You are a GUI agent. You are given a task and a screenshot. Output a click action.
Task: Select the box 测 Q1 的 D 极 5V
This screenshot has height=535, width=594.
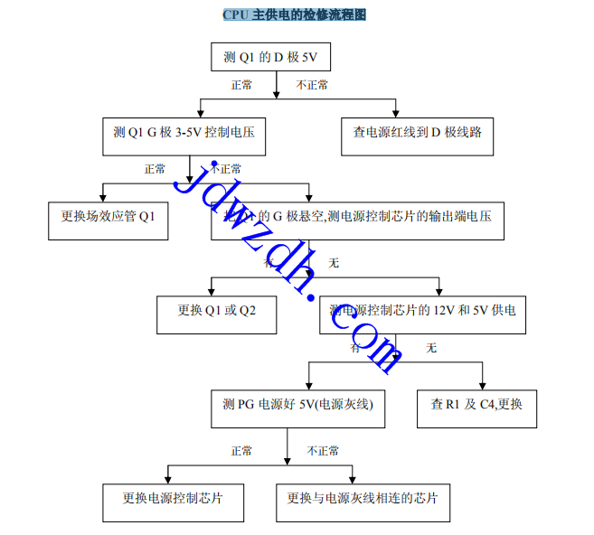(270, 58)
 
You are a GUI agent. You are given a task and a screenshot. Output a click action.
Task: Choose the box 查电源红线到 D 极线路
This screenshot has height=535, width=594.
(417, 133)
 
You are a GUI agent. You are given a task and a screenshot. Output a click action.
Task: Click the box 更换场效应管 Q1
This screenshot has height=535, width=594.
(108, 217)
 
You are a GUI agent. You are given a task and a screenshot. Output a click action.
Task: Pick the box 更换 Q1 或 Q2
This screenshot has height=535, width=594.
(215, 311)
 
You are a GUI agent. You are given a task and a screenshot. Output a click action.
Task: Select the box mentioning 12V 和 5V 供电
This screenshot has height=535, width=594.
(422, 311)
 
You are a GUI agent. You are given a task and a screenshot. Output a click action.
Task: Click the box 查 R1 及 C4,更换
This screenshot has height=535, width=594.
(476, 405)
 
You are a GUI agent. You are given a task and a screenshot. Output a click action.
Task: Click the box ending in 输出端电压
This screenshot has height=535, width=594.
(357, 217)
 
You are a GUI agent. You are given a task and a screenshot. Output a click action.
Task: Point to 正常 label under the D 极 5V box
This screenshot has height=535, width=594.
(241, 86)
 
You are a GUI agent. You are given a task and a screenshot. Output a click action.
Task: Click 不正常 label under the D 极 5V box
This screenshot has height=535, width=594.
(313, 86)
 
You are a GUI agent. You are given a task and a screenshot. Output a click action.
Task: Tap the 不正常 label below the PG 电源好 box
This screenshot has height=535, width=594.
(323, 451)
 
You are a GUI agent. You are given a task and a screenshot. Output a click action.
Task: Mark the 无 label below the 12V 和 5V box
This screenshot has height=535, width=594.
(431, 349)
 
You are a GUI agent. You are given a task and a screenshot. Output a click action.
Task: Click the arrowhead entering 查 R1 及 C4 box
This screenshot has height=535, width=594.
(482, 383)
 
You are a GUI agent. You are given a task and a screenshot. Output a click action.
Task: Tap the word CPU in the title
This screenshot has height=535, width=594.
(235, 15)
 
